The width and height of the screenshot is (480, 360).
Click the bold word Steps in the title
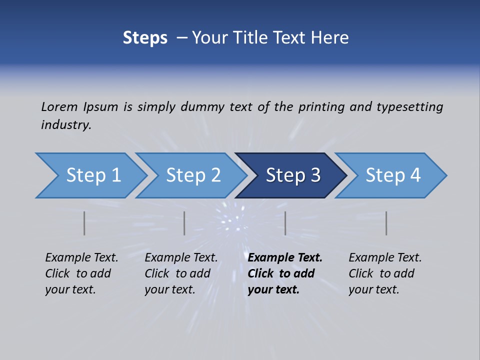(145, 38)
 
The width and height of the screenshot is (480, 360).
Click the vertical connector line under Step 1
(84, 223)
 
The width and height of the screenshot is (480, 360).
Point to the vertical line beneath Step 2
(184, 223)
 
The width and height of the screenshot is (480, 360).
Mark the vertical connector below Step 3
(285, 223)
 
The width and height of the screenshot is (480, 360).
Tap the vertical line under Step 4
(386, 223)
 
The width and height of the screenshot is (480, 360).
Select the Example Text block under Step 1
(81, 273)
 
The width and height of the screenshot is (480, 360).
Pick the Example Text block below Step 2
(180, 273)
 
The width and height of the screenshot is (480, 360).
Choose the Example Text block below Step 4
(384, 273)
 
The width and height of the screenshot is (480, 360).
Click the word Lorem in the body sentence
(59, 107)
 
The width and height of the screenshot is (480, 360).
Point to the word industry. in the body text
(66, 125)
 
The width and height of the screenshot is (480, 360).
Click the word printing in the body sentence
(321, 107)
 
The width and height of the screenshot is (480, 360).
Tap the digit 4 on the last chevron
(415, 175)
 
